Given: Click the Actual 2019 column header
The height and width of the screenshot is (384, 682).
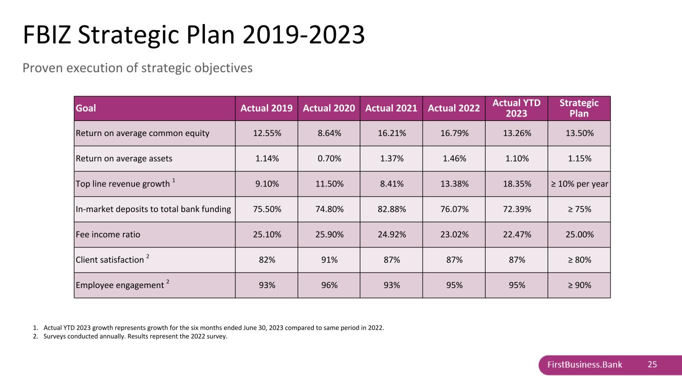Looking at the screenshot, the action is click(266, 108).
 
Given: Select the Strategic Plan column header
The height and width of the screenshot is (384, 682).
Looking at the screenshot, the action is click(579, 108).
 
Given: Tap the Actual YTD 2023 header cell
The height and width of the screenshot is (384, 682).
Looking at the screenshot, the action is click(517, 108).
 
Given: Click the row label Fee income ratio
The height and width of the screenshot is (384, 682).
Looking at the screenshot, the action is click(108, 234).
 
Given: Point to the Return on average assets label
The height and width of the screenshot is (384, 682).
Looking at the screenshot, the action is click(124, 158).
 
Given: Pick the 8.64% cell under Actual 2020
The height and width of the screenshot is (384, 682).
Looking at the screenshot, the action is click(329, 133).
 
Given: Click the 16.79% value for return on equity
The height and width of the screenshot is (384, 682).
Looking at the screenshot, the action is click(454, 133).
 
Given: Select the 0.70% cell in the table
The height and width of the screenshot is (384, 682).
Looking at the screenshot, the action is click(329, 158).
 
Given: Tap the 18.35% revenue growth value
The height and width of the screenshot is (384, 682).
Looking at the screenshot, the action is click(517, 184).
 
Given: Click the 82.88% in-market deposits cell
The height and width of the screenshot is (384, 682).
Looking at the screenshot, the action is click(392, 209).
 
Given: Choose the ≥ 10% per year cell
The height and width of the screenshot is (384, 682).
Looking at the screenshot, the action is click(580, 184).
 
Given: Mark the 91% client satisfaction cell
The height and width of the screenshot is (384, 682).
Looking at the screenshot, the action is click(329, 259).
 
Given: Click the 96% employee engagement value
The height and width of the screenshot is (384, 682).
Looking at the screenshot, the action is click(329, 285).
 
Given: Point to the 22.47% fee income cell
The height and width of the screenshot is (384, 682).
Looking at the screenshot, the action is click(517, 234).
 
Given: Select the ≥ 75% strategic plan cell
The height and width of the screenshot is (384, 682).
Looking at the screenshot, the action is click(580, 209).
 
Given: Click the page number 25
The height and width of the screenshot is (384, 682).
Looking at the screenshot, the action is click(652, 364).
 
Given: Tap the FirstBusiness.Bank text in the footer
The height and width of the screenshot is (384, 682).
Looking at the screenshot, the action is click(585, 364).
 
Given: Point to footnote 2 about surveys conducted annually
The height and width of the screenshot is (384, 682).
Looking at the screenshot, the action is click(130, 336).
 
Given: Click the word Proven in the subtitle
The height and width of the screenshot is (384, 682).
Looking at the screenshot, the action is click(42, 68).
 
